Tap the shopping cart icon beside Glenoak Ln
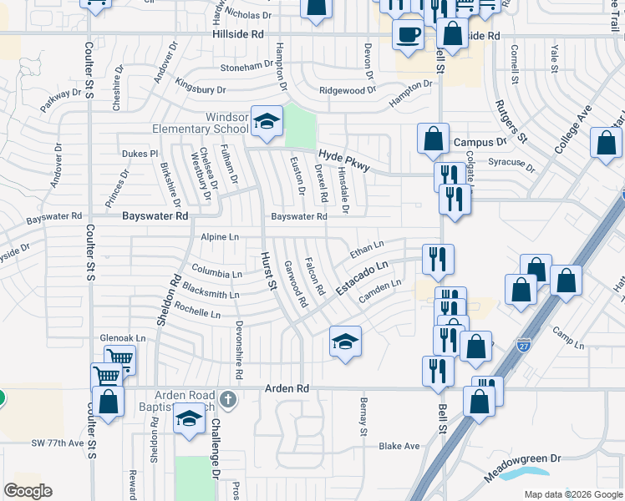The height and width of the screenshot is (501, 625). (x=120, y=360)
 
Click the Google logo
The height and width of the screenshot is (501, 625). (x=28, y=491)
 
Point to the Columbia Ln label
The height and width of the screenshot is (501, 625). (x=216, y=271)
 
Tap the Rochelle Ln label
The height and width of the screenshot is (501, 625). (x=197, y=312)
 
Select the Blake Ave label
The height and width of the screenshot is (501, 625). (x=399, y=446)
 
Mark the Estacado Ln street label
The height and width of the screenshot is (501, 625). (x=363, y=277)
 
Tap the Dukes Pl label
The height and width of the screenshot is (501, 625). (x=140, y=154)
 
